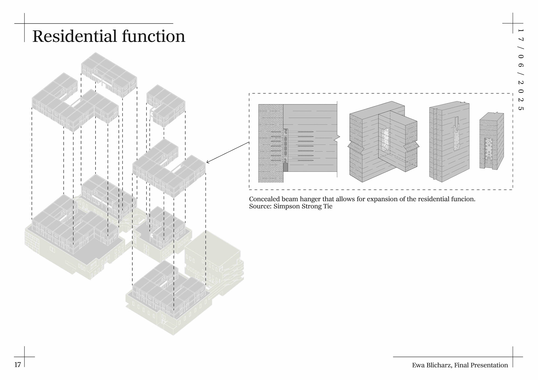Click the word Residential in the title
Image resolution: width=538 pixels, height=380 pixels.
click(75, 36)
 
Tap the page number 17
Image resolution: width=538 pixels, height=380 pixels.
click(18, 365)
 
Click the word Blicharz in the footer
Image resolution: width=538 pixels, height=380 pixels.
click(439, 365)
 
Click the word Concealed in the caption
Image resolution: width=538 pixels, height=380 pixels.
click(264, 199)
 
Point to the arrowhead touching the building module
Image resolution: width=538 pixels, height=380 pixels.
click(207, 162)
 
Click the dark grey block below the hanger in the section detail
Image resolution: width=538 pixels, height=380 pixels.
click(286, 167)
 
